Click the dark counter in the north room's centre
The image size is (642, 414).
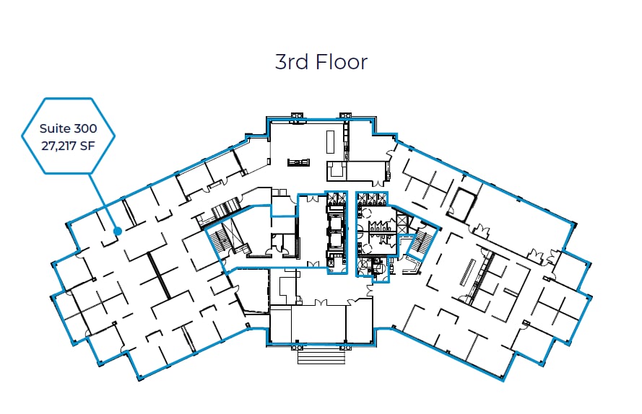(x=297, y=163)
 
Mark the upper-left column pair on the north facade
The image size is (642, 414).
(x=298, y=115)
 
